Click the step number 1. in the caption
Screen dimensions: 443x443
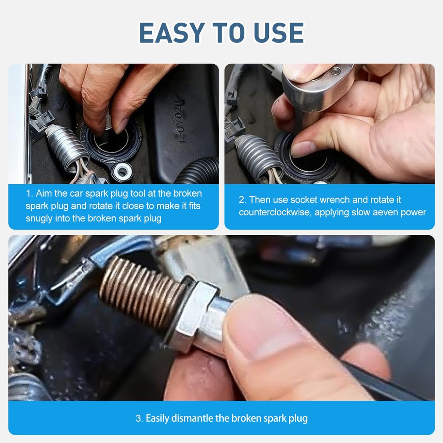tap(29, 194)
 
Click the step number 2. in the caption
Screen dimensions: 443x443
tap(242, 200)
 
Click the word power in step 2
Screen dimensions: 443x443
tap(413, 212)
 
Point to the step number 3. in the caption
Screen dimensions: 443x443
tap(139, 418)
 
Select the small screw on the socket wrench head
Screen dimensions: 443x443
tap(337, 70)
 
